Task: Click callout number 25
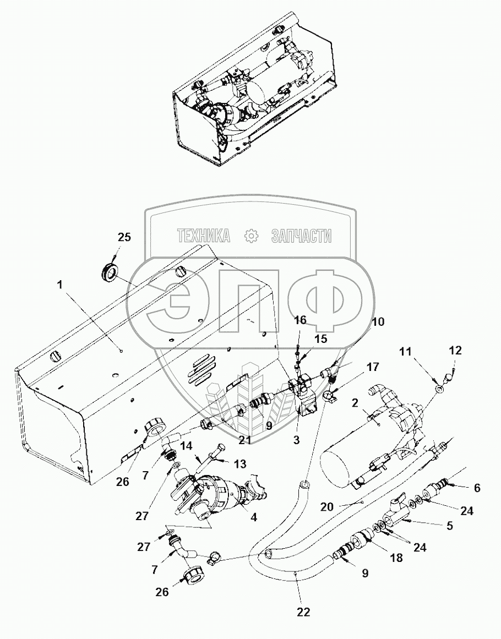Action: (124, 238)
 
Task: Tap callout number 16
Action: (301, 320)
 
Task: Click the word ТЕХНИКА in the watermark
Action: (204, 236)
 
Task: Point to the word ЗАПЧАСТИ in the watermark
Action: (302, 236)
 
